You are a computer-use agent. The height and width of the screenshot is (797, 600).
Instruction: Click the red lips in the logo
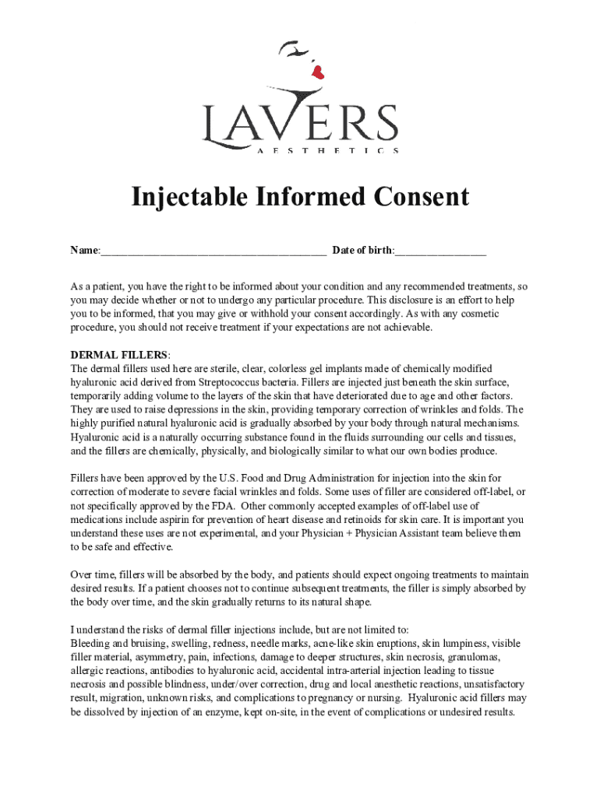point(317,72)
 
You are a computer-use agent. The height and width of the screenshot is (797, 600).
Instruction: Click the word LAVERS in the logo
point(300,124)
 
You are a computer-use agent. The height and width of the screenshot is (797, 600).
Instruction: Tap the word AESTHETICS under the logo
point(328,150)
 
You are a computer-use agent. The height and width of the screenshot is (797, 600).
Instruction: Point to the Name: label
point(85,251)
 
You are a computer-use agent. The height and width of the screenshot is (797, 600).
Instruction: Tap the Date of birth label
point(363,251)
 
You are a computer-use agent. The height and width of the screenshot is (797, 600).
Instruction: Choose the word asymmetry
point(155,657)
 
